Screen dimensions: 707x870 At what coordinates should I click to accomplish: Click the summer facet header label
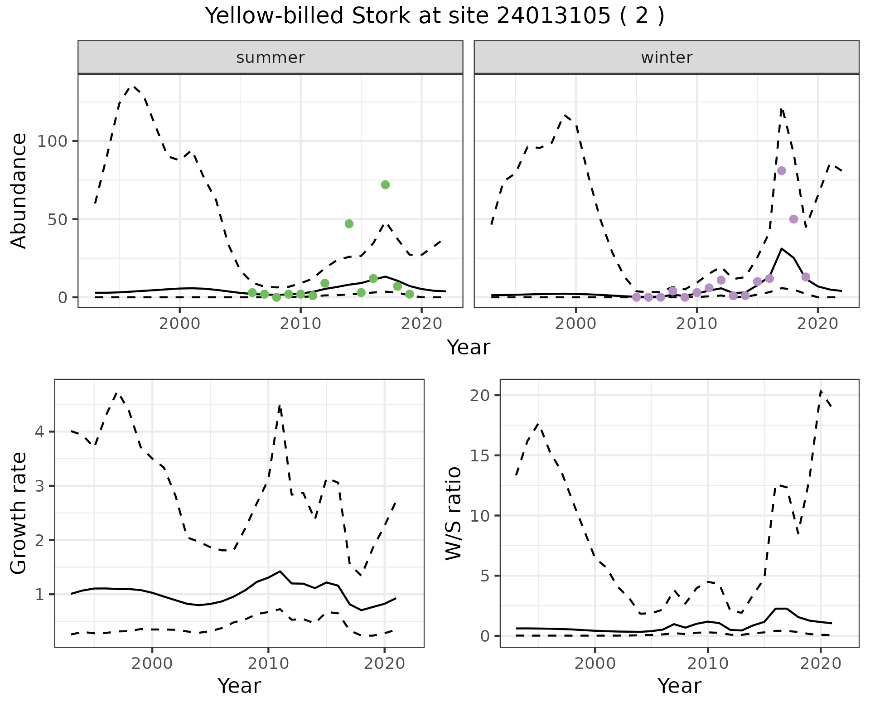click(271, 58)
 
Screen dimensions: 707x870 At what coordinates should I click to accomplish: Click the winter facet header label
click(667, 58)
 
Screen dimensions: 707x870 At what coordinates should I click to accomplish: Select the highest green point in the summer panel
click(385, 184)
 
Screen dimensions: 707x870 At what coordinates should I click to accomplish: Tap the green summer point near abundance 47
click(349, 224)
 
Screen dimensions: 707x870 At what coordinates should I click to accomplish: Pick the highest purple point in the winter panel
click(781, 170)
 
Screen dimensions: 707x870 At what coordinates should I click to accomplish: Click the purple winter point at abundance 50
click(793, 219)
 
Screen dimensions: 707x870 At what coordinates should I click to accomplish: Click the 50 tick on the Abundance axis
click(58, 219)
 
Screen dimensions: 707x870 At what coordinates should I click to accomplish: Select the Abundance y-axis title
click(19, 191)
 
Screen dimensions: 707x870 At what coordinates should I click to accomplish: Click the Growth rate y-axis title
click(19, 513)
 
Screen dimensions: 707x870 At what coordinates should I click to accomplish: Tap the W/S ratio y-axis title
click(453, 513)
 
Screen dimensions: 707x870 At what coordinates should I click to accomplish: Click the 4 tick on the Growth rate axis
click(40, 431)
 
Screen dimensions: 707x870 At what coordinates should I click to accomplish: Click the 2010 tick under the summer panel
click(300, 324)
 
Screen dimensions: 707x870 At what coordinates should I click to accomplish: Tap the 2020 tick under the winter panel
click(817, 324)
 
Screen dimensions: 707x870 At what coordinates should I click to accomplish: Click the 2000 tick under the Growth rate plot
click(152, 664)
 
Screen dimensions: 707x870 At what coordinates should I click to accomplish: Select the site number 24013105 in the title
click(553, 16)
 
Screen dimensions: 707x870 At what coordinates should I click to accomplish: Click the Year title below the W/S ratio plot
click(679, 686)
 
